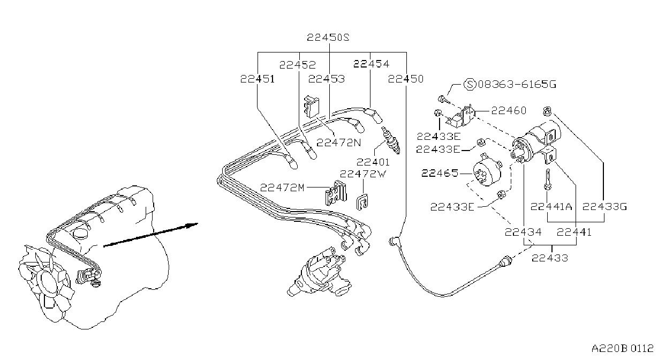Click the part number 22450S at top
click(x=328, y=37)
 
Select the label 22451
click(x=258, y=79)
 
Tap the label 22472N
click(x=339, y=142)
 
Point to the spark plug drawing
click(x=390, y=140)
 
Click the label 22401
click(x=373, y=162)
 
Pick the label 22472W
click(x=363, y=174)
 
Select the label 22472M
click(x=282, y=187)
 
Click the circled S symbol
click(x=470, y=84)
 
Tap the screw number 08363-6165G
click(x=517, y=85)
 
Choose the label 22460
click(x=509, y=110)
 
